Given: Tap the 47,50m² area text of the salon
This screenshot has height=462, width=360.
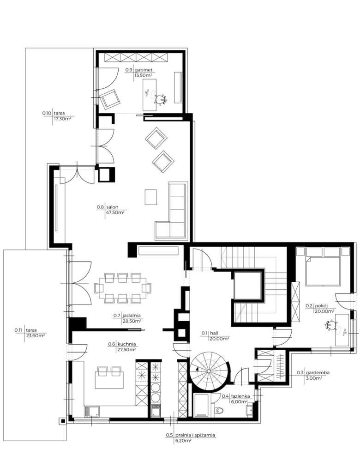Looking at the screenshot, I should [116, 213].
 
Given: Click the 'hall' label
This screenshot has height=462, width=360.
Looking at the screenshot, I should [213, 333].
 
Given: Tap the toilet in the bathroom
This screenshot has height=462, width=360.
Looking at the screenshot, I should [220, 411].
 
